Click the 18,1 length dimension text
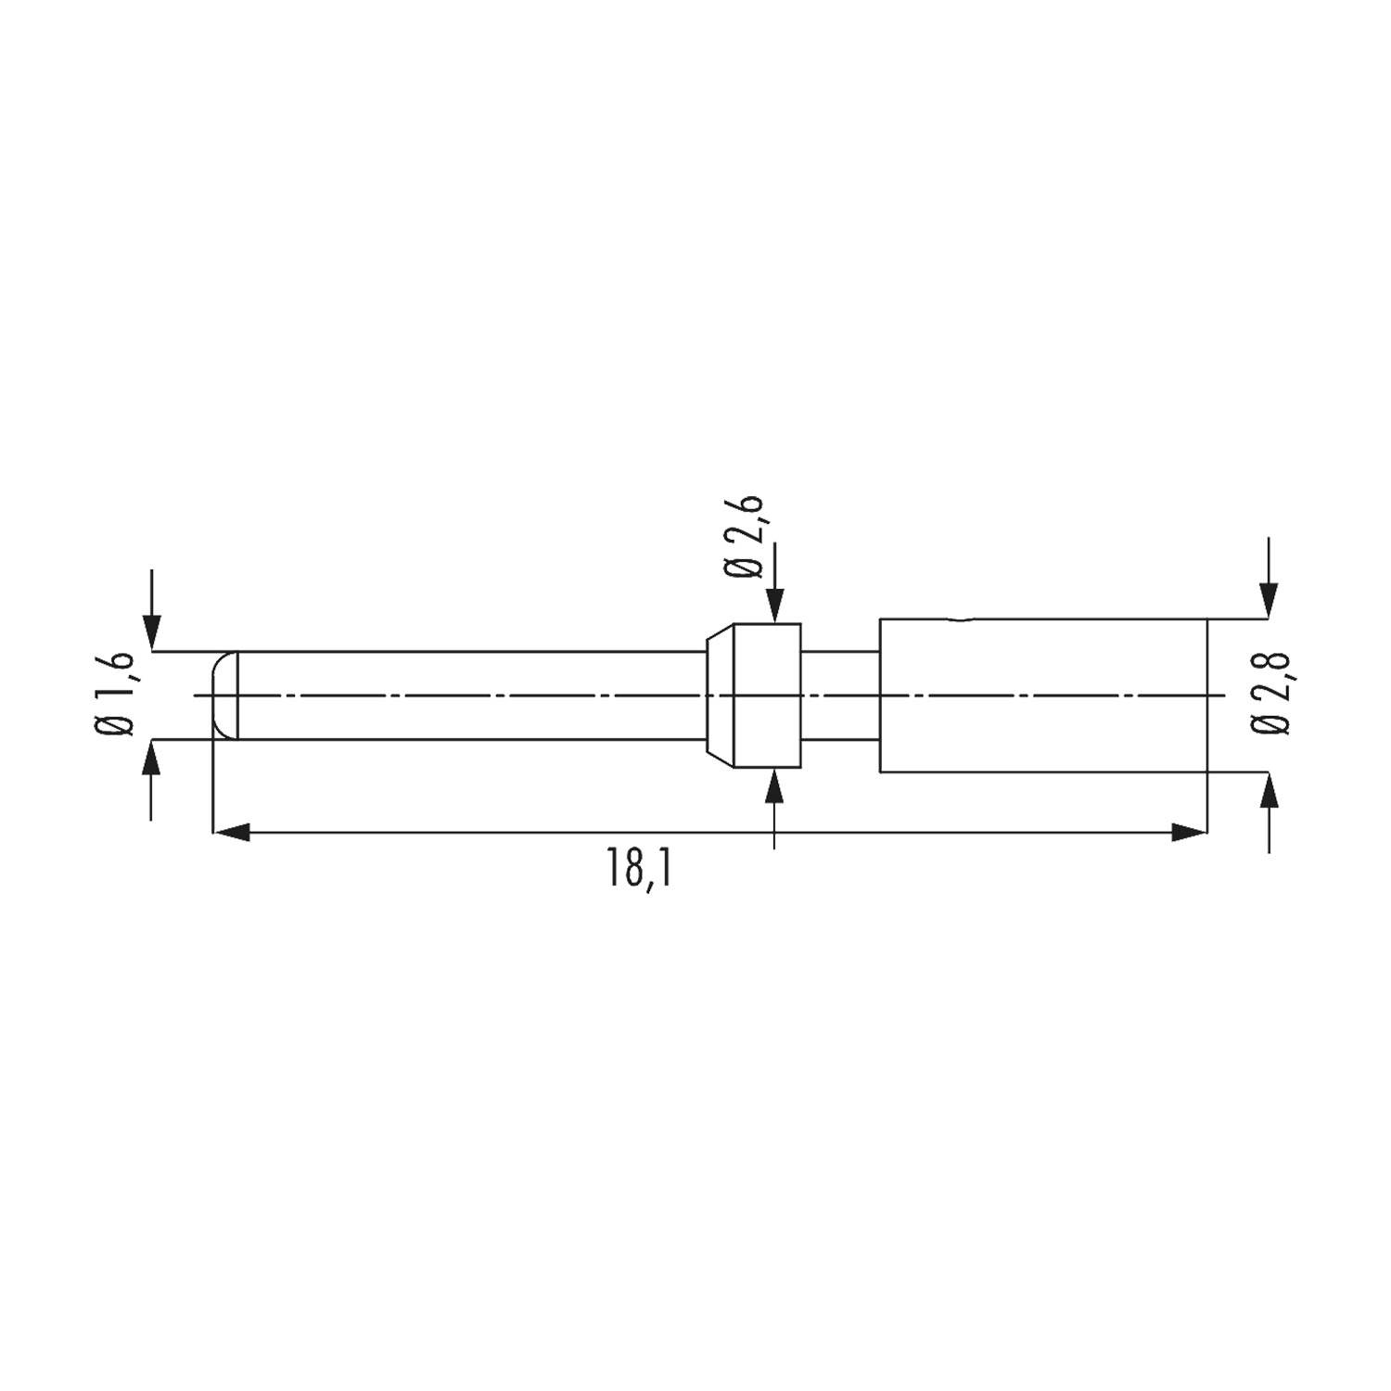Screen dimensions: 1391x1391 [x=639, y=869]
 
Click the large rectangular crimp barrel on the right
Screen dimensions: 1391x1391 [x=1043, y=695]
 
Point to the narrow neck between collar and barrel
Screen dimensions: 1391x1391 [x=839, y=695]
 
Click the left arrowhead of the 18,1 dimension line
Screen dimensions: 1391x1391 [x=232, y=832]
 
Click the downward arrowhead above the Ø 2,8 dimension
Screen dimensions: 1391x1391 [x=1269, y=604]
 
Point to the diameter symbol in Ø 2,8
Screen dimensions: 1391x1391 [x=1270, y=725]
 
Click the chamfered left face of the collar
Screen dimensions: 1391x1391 [x=720, y=695]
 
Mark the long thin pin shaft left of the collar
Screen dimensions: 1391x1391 [x=464, y=695]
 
